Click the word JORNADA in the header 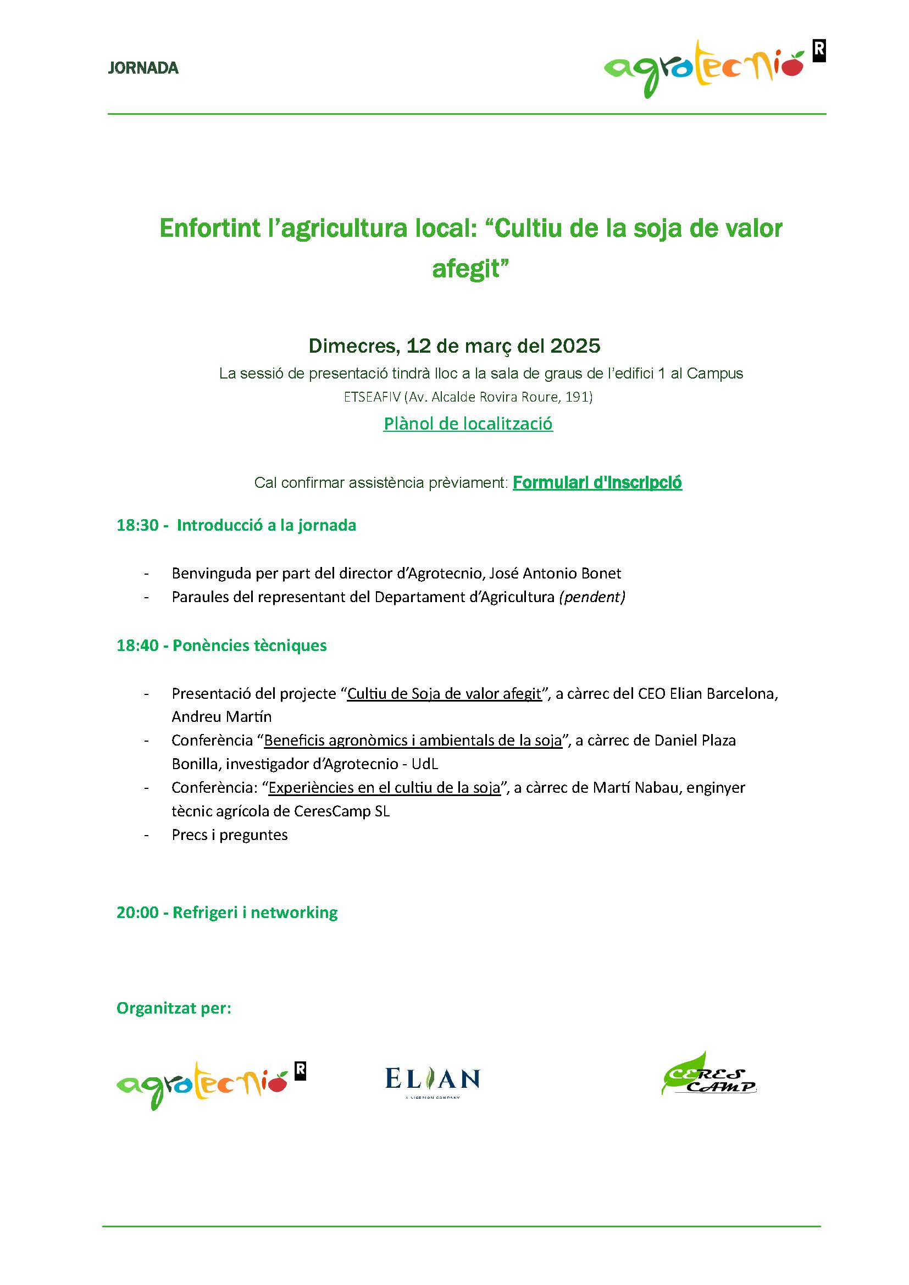143,68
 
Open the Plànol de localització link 468,424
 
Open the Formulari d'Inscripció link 597,482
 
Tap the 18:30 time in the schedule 137,525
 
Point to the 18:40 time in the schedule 137,646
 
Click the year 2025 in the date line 575,346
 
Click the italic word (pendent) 592,597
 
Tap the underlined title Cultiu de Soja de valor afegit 445,693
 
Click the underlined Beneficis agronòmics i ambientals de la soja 413,741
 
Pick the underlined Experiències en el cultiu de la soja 384,787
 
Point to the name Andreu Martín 221,717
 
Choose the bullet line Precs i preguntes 230,835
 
